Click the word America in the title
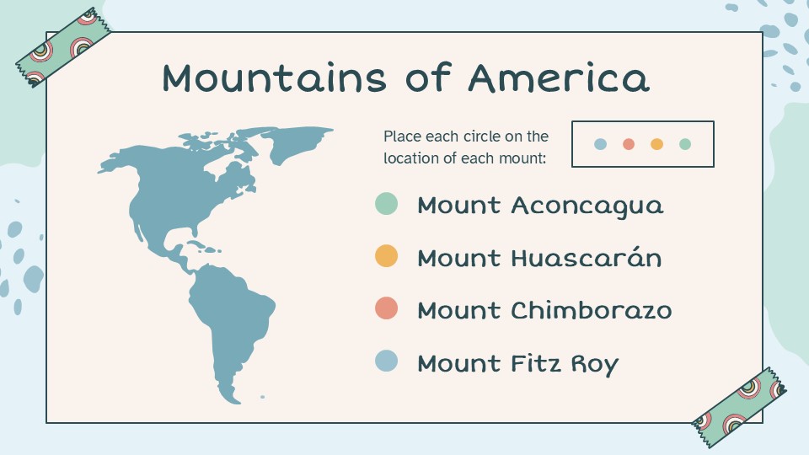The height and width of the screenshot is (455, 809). click(559, 78)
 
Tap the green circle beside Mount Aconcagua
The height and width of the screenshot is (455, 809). click(386, 204)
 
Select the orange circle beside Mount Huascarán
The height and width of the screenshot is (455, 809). click(386, 256)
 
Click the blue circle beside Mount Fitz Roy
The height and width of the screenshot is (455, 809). click(386, 361)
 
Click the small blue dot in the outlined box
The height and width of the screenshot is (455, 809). click(600, 144)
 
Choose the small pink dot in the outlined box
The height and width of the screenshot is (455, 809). click(628, 144)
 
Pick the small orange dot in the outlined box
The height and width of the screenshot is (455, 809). click(656, 144)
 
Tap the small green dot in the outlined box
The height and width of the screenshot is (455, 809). click(684, 144)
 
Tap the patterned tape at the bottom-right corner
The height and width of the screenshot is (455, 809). click(739, 400)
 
